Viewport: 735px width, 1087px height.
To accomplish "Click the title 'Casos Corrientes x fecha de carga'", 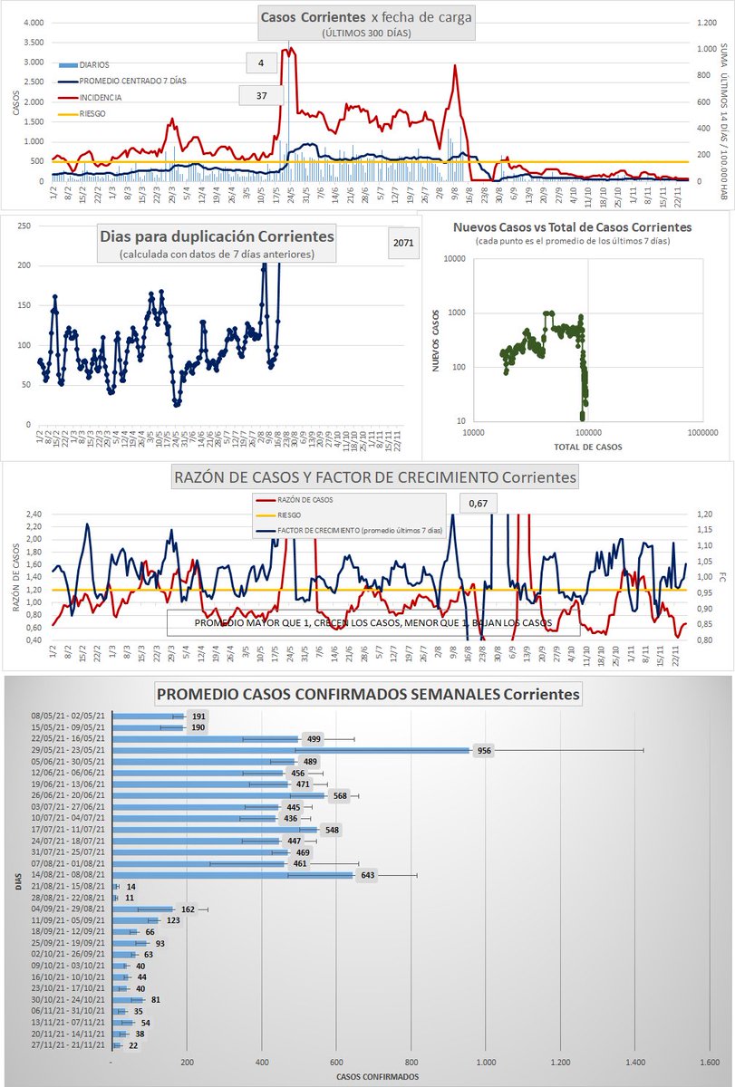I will (365, 17).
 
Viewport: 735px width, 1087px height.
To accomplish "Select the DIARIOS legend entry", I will (94, 64).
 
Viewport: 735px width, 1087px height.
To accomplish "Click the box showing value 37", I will (261, 95).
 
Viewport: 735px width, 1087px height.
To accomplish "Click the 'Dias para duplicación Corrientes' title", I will (216, 236).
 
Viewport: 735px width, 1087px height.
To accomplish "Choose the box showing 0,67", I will (479, 503).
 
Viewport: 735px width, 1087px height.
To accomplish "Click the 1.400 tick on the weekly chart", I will (635, 1062).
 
